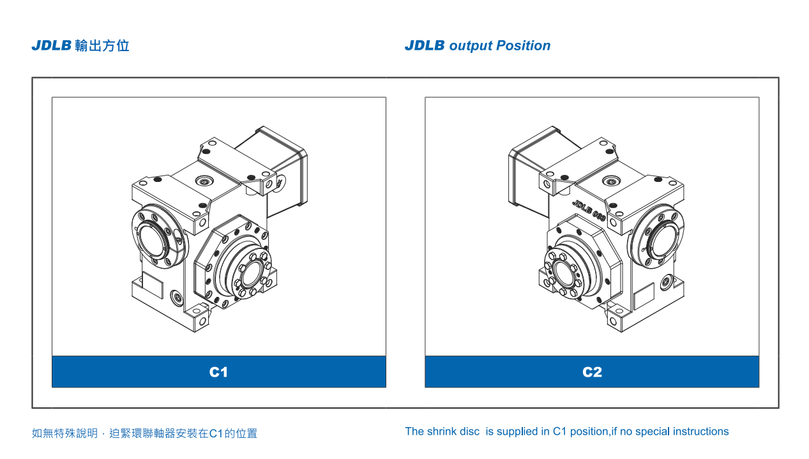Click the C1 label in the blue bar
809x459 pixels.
click(x=218, y=372)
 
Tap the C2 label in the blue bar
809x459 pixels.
click(x=592, y=372)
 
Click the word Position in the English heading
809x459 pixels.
click(x=523, y=46)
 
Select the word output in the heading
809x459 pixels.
click(x=471, y=46)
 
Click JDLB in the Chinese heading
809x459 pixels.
click(x=51, y=46)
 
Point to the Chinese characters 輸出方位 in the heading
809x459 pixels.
click(x=102, y=46)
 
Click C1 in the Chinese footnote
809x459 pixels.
click(x=215, y=433)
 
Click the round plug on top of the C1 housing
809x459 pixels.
click(x=205, y=182)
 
